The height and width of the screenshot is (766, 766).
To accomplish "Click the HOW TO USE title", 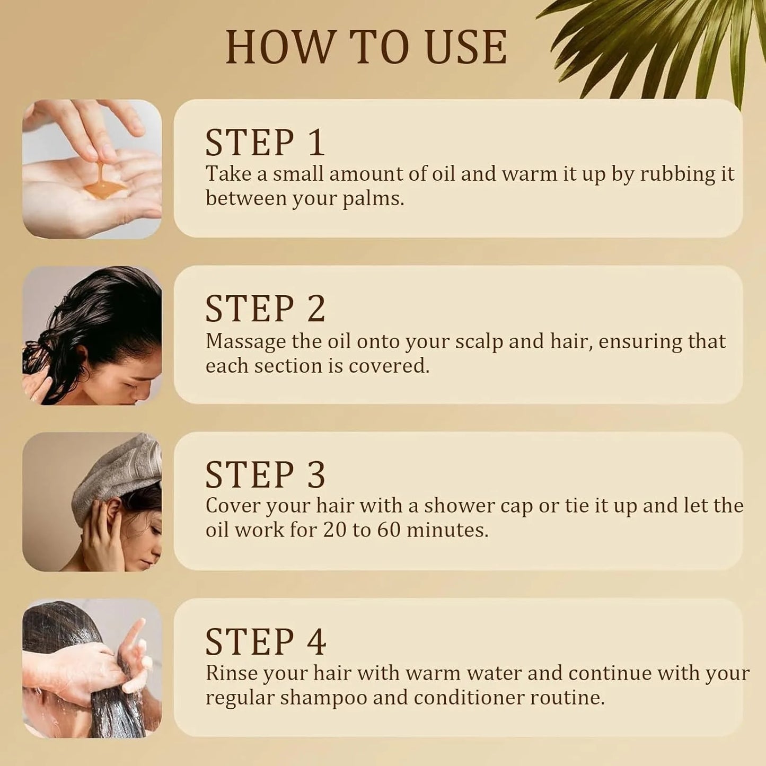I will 366,48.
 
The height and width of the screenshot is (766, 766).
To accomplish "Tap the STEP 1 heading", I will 265,143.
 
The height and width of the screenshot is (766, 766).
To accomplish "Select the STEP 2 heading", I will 265,309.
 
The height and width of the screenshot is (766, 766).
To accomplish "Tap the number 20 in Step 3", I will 334,530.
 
